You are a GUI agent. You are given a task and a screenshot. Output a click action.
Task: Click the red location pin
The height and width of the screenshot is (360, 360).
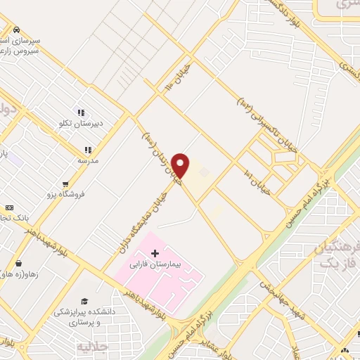point(181,165)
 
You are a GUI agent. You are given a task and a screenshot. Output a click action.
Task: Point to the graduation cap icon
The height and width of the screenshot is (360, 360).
point(84,301)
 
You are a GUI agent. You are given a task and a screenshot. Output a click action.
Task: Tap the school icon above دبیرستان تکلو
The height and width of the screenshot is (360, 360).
point(81,112)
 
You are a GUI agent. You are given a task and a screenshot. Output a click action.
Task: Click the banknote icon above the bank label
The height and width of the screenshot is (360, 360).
point(9,208)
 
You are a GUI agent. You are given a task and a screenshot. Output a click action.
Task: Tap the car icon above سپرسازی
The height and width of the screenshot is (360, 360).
point(15,30)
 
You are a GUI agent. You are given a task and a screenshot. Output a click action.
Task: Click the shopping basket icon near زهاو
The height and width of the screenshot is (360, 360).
point(18,264)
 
